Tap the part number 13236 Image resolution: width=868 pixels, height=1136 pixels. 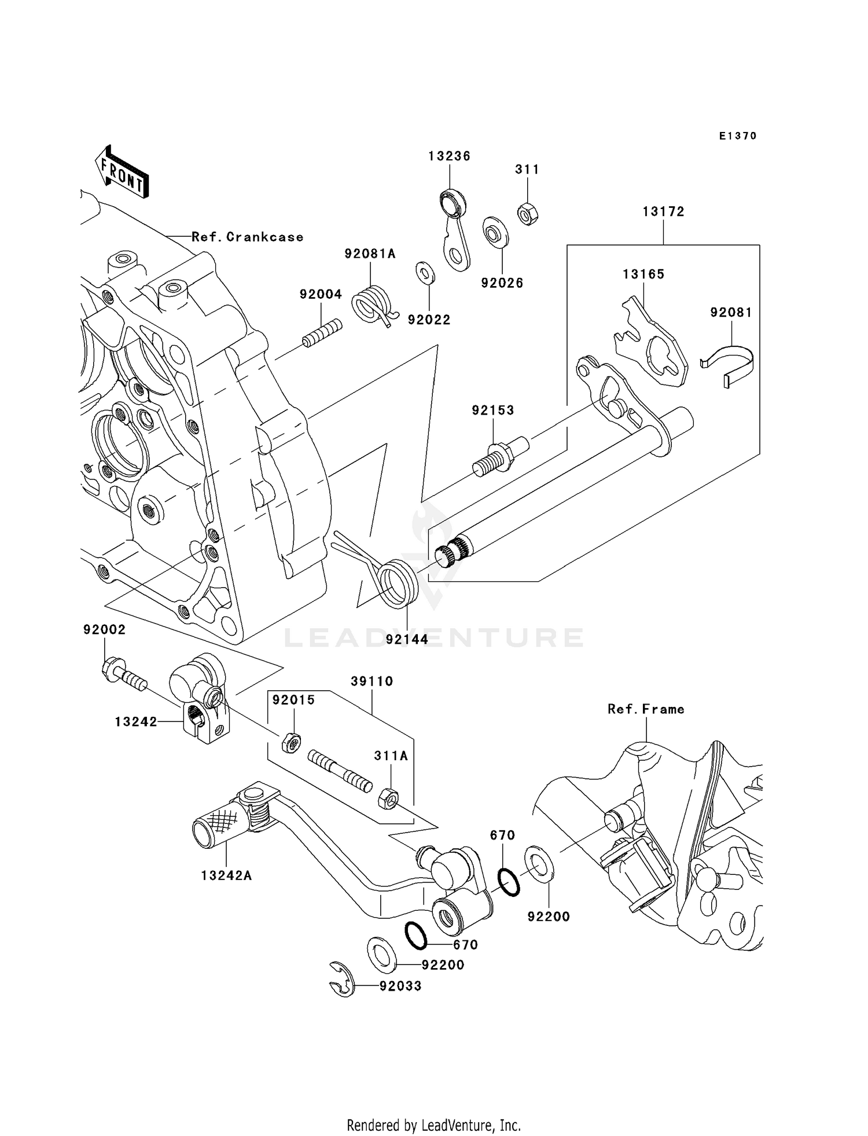coord(449,156)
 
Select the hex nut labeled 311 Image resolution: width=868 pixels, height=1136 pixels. coord(528,214)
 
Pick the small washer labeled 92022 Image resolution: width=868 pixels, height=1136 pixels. coord(425,273)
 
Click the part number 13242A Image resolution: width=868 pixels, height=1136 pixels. coord(226,876)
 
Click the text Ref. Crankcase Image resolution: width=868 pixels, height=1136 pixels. coord(247,237)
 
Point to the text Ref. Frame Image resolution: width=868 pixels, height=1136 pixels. coord(646,709)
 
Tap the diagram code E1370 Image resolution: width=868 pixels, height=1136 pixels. coord(738,136)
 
